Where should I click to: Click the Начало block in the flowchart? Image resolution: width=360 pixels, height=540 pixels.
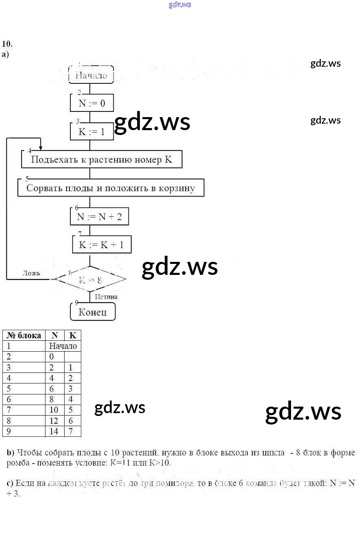(x=91, y=75)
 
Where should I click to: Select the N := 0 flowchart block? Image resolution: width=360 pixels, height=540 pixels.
(x=91, y=103)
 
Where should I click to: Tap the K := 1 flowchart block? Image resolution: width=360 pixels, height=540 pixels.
(x=91, y=131)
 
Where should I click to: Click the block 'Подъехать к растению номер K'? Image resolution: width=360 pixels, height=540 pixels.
(x=102, y=159)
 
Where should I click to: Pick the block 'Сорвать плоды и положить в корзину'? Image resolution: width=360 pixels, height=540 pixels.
(x=111, y=188)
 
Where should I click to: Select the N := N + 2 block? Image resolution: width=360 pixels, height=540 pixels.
(x=99, y=217)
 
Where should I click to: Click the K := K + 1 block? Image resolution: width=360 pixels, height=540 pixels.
(x=102, y=245)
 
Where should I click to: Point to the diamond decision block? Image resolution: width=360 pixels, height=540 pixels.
(x=90, y=279)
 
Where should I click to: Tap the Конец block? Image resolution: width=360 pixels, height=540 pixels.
(x=93, y=312)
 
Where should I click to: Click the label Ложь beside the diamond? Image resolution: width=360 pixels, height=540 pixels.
(x=31, y=273)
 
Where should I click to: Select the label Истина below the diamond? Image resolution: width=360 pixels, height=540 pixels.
(x=106, y=297)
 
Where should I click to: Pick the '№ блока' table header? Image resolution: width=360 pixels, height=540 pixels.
(x=24, y=335)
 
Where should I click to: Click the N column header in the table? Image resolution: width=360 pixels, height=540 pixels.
(x=55, y=335)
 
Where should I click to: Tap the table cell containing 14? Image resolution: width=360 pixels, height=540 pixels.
(x=54, y=431)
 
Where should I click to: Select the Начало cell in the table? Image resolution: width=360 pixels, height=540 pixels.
(x=63, y=346)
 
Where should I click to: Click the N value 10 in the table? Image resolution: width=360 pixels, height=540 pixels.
(x=54, y=410)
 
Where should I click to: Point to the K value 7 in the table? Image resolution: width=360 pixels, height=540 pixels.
(x=71, y=431)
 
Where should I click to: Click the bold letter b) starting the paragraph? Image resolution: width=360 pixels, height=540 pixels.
(x=11, y=453)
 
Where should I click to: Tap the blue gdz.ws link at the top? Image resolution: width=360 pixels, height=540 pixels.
(x=180, y=5)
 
